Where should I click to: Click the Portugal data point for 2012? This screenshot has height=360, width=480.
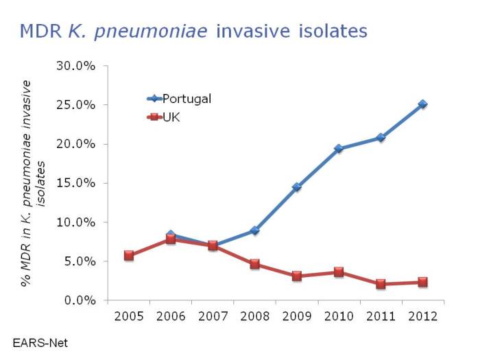pyautogui.click(x=422, y=104)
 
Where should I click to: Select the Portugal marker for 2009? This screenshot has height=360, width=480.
pyautogui.click(x=297, y=187)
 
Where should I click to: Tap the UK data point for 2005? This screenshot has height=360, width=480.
pyautogui.click(x=129, y=255)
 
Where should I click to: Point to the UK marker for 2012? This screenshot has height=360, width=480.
pyautogui.click(x=422, y=282)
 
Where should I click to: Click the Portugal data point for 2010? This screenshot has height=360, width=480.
pyautogui.click(x=339, y=148)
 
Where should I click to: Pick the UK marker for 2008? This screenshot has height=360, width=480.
pyautogui.click(x=254, y=264)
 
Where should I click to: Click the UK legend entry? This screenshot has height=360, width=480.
pyautogui.click(x=171, y=117)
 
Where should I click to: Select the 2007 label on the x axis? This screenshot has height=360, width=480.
pyautogui.click(x=213, y=318)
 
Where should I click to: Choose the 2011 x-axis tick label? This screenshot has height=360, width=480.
pyautogui.click(x=381, y=318)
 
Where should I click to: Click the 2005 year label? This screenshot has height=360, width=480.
pyautogui.click(x=129, y=318)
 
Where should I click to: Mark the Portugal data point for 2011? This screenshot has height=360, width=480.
pyautogui.click(x=381, y=137)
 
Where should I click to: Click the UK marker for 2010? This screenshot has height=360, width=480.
pyautogui.click(x=339, y=272)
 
